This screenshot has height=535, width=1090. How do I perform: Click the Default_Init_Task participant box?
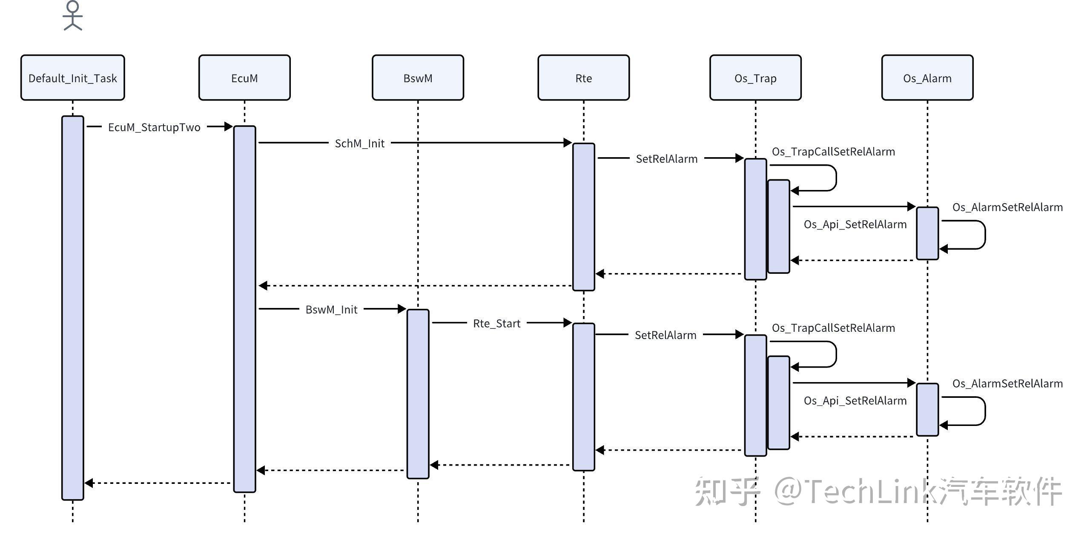click(x=73, y=78)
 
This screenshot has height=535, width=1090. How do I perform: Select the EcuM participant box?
click(x=244, y=78)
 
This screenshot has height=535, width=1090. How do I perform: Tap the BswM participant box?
click(x=418, y=78)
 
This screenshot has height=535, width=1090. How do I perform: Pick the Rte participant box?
click(x=583, y=78)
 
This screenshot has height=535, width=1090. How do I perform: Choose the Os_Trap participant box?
click(x=755, y=78)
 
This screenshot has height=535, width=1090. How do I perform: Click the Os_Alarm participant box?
click(x=927, y=78)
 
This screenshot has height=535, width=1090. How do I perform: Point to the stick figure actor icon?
click(x=73, y=16)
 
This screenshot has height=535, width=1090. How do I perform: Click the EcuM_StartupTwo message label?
click(x=154, y=127)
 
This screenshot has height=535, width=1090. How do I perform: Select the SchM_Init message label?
click(x=360, y=144)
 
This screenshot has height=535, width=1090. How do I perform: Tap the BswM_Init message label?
click(x=332, y=310)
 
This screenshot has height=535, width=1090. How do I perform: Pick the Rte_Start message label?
click(x=497, y=324)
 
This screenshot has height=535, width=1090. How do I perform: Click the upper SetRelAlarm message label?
click(x=667, y=159)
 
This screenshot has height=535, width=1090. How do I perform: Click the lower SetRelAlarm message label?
click(x=665, y=335)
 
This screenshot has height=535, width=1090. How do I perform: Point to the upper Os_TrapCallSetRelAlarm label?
click(x=833, y=152)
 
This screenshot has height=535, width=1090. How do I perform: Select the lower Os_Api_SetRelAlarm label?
click(x=855, y=401)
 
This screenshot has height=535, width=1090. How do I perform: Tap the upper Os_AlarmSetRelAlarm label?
click(x=1007, y=207)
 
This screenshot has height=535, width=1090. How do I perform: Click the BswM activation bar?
click(x=418, y=394)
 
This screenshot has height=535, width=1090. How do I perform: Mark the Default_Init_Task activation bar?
click(x=73, y=308)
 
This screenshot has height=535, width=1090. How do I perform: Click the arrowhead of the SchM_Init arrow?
click(x=568, y=143)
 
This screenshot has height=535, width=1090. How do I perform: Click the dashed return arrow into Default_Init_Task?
click(x=158, y=483)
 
